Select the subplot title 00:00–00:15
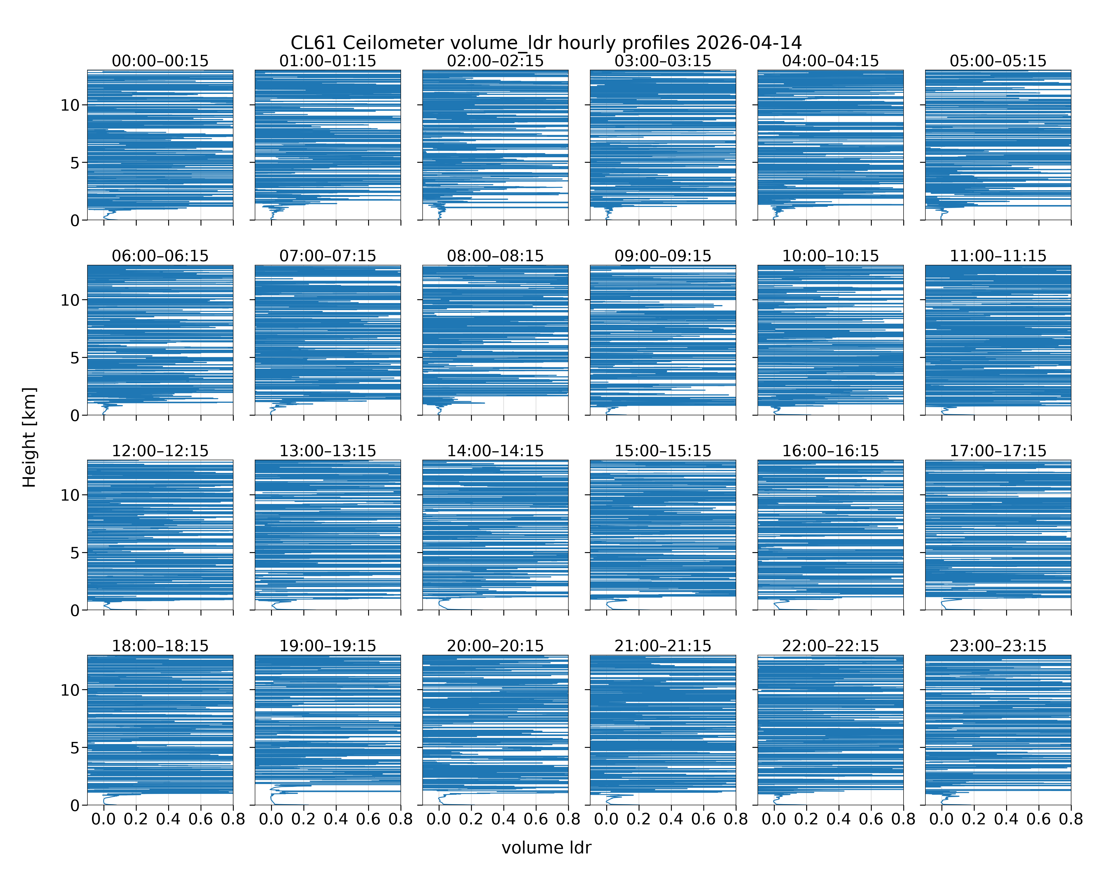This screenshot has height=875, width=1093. point(160,61)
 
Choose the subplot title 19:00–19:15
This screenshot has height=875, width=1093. point(328,646)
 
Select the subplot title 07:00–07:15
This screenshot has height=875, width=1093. point(328,256)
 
